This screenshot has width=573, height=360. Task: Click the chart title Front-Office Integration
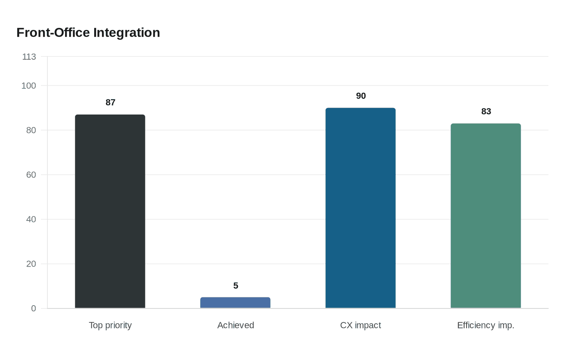coord(88,33)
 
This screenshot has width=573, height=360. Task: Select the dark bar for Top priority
coord(110,211)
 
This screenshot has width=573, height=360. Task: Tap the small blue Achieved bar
coord(235,303)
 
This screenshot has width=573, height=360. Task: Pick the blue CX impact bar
coord(361,208)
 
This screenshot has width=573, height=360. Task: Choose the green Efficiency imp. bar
coord(486,216)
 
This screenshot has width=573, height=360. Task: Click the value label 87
coord(111,102)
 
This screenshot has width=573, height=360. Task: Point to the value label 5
coord(236,286)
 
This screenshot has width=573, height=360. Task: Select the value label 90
coord(361,96)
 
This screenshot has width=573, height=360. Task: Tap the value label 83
coord(486,111)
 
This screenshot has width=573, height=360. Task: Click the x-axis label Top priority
coord(110,325)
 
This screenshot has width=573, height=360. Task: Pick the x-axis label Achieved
coord(236,325)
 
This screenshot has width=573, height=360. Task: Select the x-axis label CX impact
coord(361,325)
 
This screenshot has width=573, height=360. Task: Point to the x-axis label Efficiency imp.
coord(486,325)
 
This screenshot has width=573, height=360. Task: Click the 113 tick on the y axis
coord(29,56)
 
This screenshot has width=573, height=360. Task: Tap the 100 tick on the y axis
coord(29,85)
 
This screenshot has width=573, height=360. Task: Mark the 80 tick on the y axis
coord(31,130)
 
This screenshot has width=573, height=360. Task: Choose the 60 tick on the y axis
coord(31,175)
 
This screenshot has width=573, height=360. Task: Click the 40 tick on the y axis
coord(31,219)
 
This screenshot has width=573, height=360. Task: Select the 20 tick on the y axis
coord(31,264)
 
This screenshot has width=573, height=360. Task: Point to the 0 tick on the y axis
coord(34,308)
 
